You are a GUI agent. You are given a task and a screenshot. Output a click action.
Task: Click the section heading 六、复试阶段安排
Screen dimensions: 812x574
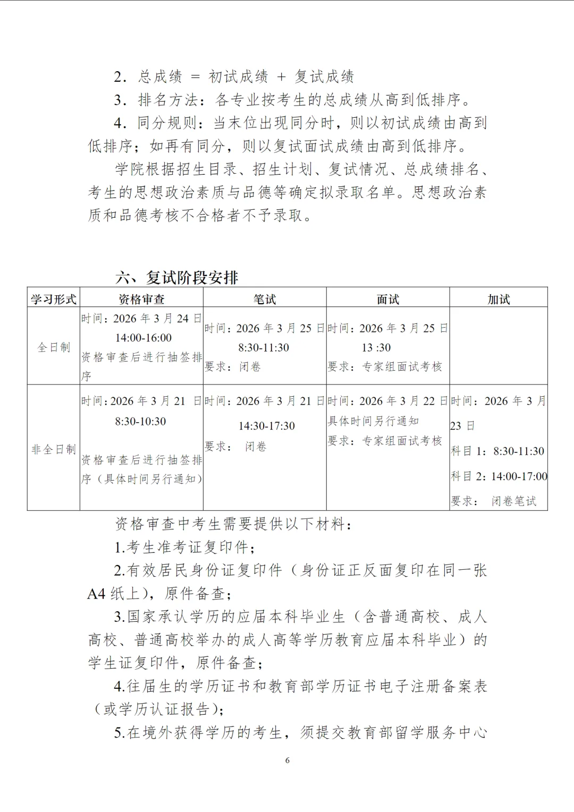coord(177,277)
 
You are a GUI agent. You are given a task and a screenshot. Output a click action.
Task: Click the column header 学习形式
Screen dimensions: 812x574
coord(53,299)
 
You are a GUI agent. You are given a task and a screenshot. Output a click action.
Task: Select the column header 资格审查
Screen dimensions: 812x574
coord(141,299)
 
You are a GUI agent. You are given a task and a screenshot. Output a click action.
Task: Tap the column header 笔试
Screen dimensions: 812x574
coord(265,299)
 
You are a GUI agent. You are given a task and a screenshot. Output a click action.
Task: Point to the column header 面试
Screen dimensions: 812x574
coord(387,299)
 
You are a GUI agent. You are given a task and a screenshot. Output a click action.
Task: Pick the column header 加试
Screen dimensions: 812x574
coord(499,299)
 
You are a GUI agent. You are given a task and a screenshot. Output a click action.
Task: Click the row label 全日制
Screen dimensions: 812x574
coord(53,347)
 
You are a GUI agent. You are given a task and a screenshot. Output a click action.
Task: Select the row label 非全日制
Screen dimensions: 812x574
coord(53,449)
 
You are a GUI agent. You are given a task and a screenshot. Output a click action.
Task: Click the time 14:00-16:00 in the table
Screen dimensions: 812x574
coord(143,338)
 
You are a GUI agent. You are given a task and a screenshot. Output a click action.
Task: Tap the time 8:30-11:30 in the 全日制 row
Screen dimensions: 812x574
coord(264,348)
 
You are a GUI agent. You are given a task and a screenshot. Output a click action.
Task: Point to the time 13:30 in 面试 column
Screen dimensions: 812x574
coord(376,348)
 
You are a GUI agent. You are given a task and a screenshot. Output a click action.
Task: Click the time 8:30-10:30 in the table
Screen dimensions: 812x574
coord(140,422)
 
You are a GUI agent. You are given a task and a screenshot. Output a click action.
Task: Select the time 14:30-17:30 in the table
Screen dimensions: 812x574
coord(266,426)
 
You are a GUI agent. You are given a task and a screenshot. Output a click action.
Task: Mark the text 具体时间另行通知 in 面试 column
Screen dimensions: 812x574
coord(373,421)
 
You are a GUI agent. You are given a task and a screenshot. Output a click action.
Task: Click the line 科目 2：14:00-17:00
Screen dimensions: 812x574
coord(499,476)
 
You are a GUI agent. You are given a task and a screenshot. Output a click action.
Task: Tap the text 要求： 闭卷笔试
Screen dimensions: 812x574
coord(494,501)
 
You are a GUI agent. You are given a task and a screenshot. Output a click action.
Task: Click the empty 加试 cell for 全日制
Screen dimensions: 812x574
coord(499,345)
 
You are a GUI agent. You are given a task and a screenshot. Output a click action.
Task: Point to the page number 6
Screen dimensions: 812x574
coord(288,760)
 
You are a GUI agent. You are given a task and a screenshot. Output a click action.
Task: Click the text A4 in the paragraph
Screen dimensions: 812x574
coord(97,593)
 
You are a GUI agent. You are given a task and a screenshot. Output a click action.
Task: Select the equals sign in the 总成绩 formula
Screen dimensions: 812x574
coord(195,76)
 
